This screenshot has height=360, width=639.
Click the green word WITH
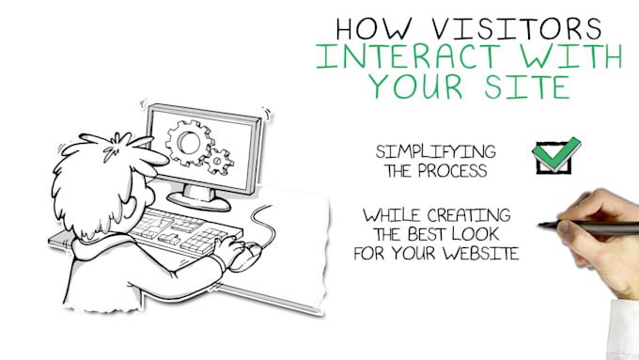pyautogui.click(x=573, y=55)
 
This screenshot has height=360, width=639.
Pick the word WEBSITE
pyautogui.click(x=477, y=254)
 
